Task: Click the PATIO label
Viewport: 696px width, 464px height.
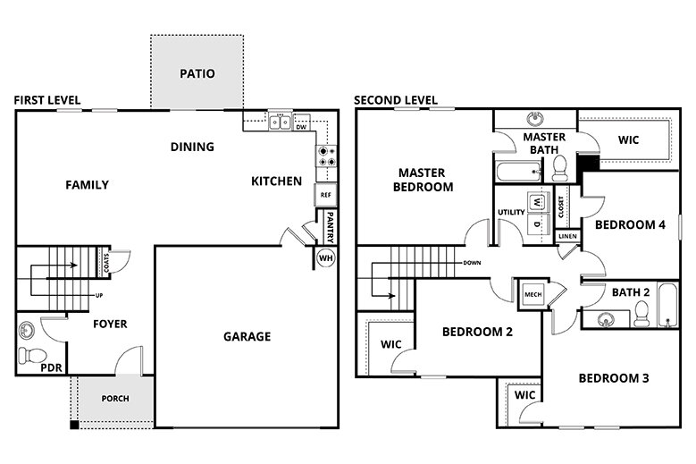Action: [197, 73]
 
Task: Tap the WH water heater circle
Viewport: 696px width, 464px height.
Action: [325, 258]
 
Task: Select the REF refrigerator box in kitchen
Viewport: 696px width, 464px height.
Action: [324, 194]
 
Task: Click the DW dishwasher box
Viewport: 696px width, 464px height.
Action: [301, 126]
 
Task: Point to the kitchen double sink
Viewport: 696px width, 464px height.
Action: [281, 122]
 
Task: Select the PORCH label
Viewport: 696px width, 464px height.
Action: [115, 399]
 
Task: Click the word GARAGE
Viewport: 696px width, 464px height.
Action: [247, 337]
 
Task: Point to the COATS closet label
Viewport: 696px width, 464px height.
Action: [106, 263]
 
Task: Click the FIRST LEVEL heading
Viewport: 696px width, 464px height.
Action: [46, 100]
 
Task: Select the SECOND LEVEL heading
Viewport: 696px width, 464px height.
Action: [395, 100]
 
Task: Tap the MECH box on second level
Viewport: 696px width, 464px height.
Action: [533, 294]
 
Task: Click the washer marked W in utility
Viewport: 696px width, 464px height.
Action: [536, 202]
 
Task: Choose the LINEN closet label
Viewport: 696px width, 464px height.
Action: [567, 237]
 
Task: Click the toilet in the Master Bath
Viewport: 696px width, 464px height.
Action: [560, 167]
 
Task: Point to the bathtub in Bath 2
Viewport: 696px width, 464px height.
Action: [667, 306]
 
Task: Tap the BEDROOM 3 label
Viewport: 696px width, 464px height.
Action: [613, 378]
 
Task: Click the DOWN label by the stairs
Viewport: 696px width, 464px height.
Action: [474, 264]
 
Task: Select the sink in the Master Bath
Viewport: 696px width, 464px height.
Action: [535, 119]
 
